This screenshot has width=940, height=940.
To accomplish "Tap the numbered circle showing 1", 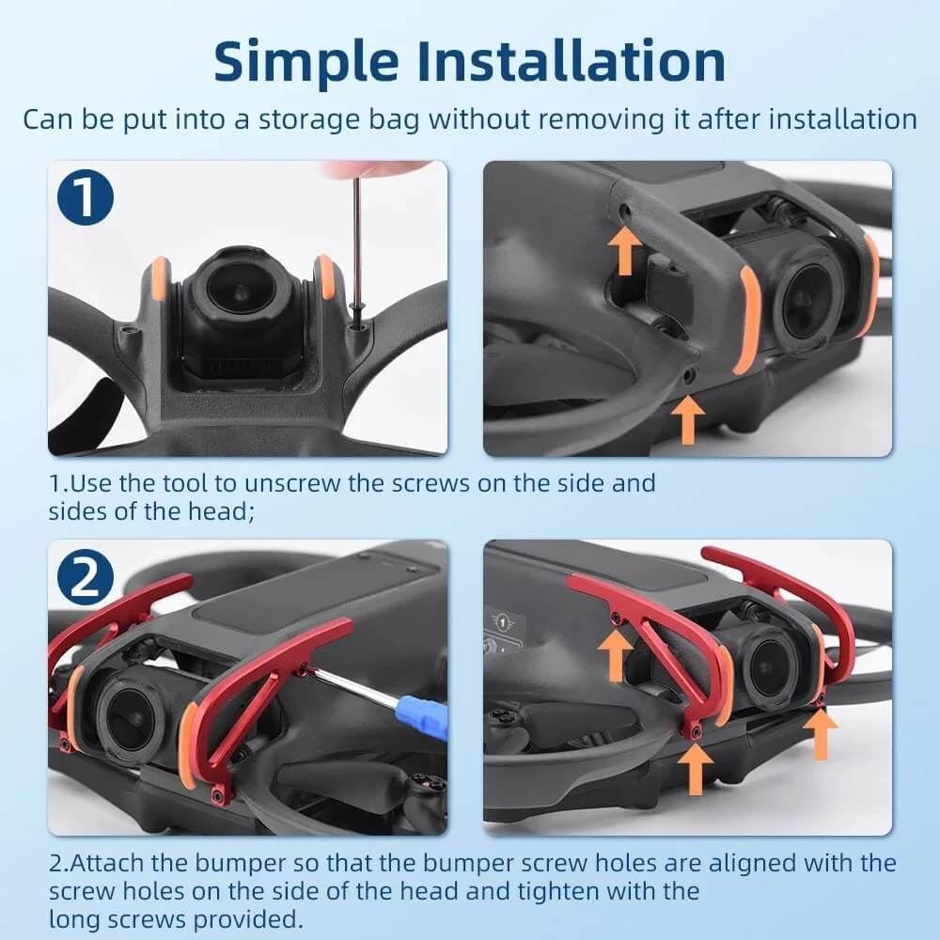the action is tap(86, 197).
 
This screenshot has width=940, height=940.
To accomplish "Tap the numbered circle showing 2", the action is tap(86, 578).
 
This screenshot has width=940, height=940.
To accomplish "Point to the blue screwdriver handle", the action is tap(425, 716).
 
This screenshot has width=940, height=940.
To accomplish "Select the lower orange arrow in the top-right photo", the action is tap(688, 419).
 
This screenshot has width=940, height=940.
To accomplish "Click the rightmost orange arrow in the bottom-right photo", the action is tap(820, 735).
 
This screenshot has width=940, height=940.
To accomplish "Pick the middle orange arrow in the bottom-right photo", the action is tap(695, 770).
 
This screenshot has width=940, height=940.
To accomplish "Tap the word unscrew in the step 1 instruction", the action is tap(292, 483).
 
